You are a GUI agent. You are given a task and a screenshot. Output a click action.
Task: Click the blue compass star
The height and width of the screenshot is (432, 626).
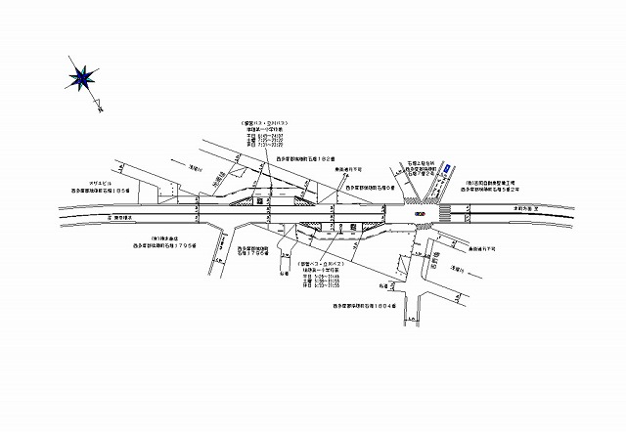[81, 75]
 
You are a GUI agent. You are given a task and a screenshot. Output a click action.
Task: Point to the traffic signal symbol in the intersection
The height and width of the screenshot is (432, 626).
[420, 213]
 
